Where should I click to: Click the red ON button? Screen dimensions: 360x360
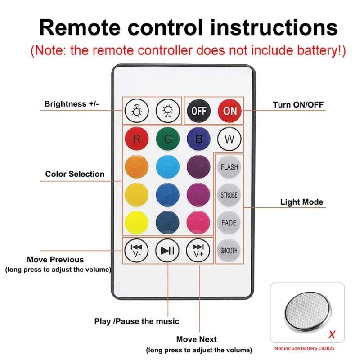tap(229, 111)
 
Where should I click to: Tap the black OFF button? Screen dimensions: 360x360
tap(198, 111)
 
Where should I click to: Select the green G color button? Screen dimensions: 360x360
tap(167, 139)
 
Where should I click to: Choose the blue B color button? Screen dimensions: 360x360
tap(198, 139)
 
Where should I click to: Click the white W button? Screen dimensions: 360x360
tap(229, 139)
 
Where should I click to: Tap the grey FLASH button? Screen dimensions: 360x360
tap(229, 167)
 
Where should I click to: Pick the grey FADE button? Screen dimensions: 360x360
tap(229, 223)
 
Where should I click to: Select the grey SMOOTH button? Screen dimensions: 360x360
tap(229, 251)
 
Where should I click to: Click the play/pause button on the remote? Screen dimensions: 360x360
tap(167, 251)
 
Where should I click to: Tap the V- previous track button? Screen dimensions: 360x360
tap(136, 251)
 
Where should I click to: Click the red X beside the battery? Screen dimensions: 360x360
tap(332, 335)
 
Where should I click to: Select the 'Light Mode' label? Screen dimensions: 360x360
tap(301, 202)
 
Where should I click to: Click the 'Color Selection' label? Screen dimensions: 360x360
tap(75, 174)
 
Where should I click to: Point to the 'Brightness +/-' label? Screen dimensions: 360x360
tap(72, 104)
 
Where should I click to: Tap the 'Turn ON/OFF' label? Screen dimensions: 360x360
tap(298, 105)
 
